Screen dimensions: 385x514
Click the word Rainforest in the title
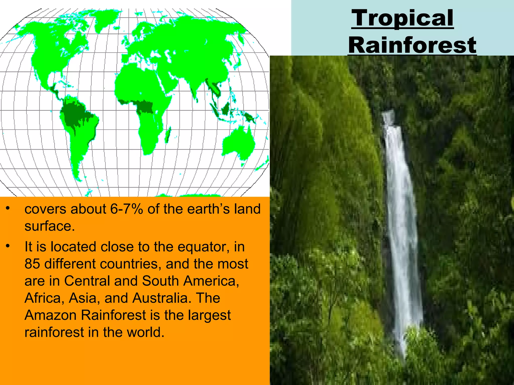pos(412,45)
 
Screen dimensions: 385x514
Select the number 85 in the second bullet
pos(32,264)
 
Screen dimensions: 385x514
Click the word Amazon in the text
pos(50,315)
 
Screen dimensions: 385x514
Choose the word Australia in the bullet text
pos(160,298)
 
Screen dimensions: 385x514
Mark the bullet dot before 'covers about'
pos(8,208)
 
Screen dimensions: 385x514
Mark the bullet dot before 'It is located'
pos(8,246)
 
